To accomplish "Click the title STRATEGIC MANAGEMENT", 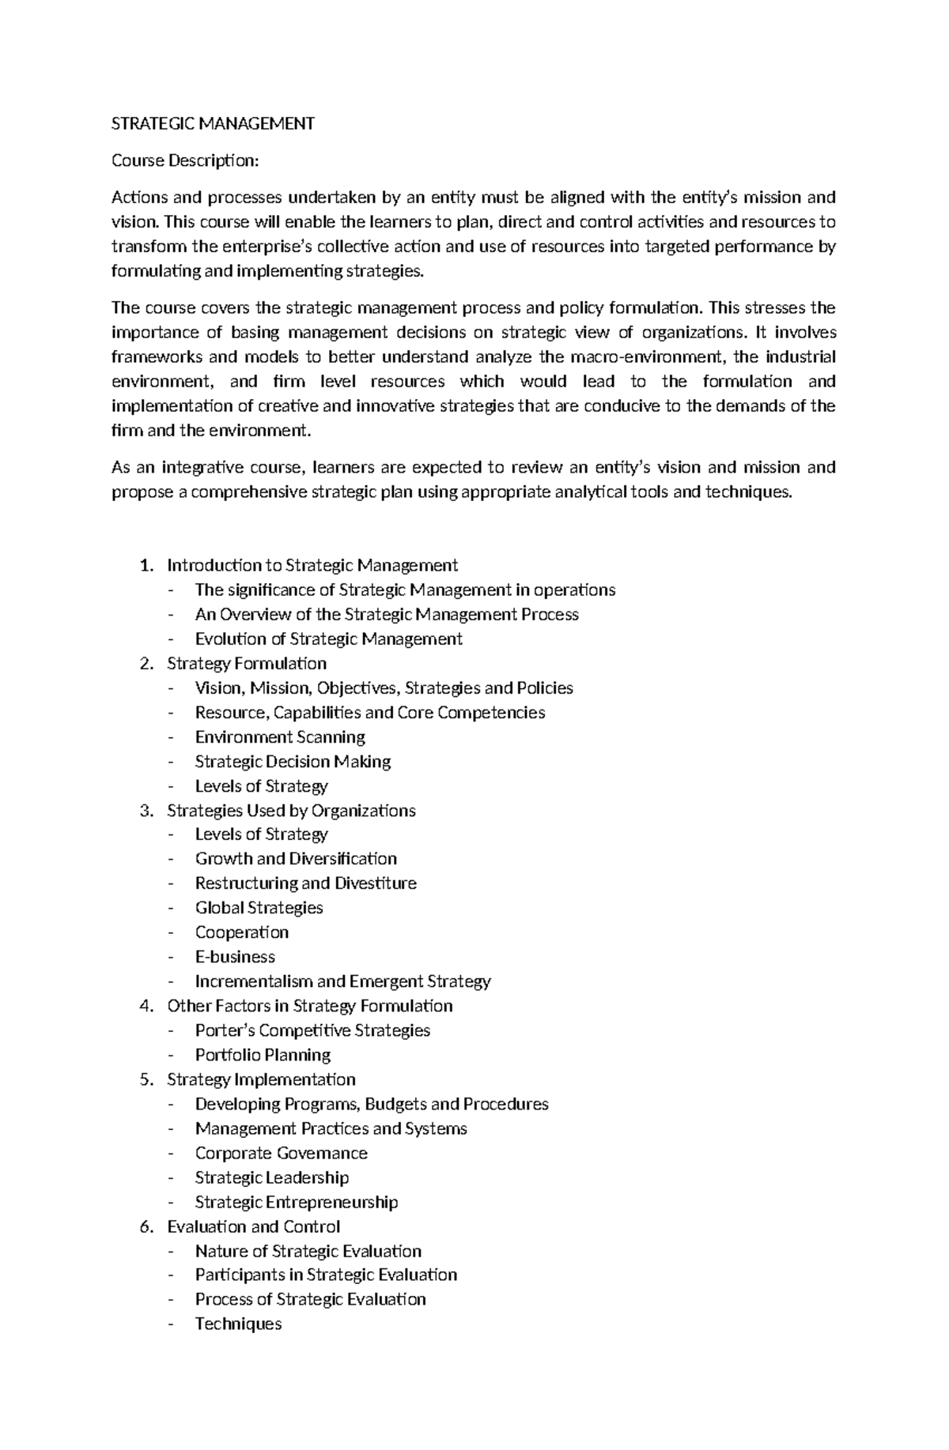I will [213, 123].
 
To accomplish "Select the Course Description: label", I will [185, 160].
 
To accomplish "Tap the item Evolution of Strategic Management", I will [328, 638].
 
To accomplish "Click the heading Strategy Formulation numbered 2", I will [246, 663].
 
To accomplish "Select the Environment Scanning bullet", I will [280, 736].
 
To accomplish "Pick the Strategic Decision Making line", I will [293, 761].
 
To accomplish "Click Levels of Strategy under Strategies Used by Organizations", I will [261, 834].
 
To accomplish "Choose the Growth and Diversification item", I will [296, 858].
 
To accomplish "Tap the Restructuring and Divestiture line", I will [305, 883].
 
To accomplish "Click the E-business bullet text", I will [235, 956].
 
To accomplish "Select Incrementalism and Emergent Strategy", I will [342, 981].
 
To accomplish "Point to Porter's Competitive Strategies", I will [312, 1030].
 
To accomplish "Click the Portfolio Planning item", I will [263, 1054].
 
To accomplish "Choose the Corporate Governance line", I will [281, 1153].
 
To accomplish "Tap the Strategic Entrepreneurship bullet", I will [297, 1202].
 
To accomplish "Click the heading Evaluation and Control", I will [253, 1226].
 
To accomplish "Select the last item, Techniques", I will [238, 1324].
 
